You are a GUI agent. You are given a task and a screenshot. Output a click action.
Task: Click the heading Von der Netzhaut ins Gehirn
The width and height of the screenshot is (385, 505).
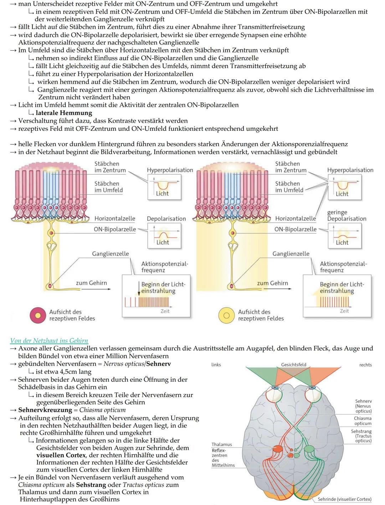pos(49,341)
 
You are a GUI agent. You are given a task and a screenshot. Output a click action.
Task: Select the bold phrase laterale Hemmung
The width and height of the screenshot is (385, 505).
pos(64,113)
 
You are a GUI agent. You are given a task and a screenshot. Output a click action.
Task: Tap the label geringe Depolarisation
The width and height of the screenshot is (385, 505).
pos(346,216)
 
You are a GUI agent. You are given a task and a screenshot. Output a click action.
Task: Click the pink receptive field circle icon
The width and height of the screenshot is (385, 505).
pos(38,315)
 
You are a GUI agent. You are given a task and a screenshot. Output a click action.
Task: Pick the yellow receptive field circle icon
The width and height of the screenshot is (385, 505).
pos(226,315)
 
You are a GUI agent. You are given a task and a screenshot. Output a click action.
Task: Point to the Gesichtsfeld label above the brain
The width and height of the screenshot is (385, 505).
pos(293,365)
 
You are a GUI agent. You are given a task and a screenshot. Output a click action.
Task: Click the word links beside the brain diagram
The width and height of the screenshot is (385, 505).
pos(216,365)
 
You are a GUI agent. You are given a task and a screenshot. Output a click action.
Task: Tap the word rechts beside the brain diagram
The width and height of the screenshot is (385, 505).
pos(365,365)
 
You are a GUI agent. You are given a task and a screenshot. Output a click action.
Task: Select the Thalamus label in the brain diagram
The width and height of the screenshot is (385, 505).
pos(222,444)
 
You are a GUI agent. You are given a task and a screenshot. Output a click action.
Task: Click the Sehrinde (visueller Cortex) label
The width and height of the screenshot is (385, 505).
pos(344,499)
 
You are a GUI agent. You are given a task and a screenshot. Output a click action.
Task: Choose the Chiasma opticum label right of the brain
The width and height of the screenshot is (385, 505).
pos(363,421)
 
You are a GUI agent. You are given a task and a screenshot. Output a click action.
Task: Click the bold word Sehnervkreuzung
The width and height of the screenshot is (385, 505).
pos(45,410)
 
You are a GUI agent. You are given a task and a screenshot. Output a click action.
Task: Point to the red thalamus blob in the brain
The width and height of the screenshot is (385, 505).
pos(277,449)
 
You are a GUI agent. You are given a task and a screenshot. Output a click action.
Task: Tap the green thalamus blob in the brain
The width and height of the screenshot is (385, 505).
pos(309,449)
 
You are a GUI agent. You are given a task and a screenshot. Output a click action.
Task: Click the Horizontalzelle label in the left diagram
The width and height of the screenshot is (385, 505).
pos(115,218)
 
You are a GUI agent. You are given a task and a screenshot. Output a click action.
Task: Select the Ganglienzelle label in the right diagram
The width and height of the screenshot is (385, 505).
pos(291,254)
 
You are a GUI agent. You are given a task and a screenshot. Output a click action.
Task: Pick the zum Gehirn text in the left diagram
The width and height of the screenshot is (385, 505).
pos(91,283)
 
